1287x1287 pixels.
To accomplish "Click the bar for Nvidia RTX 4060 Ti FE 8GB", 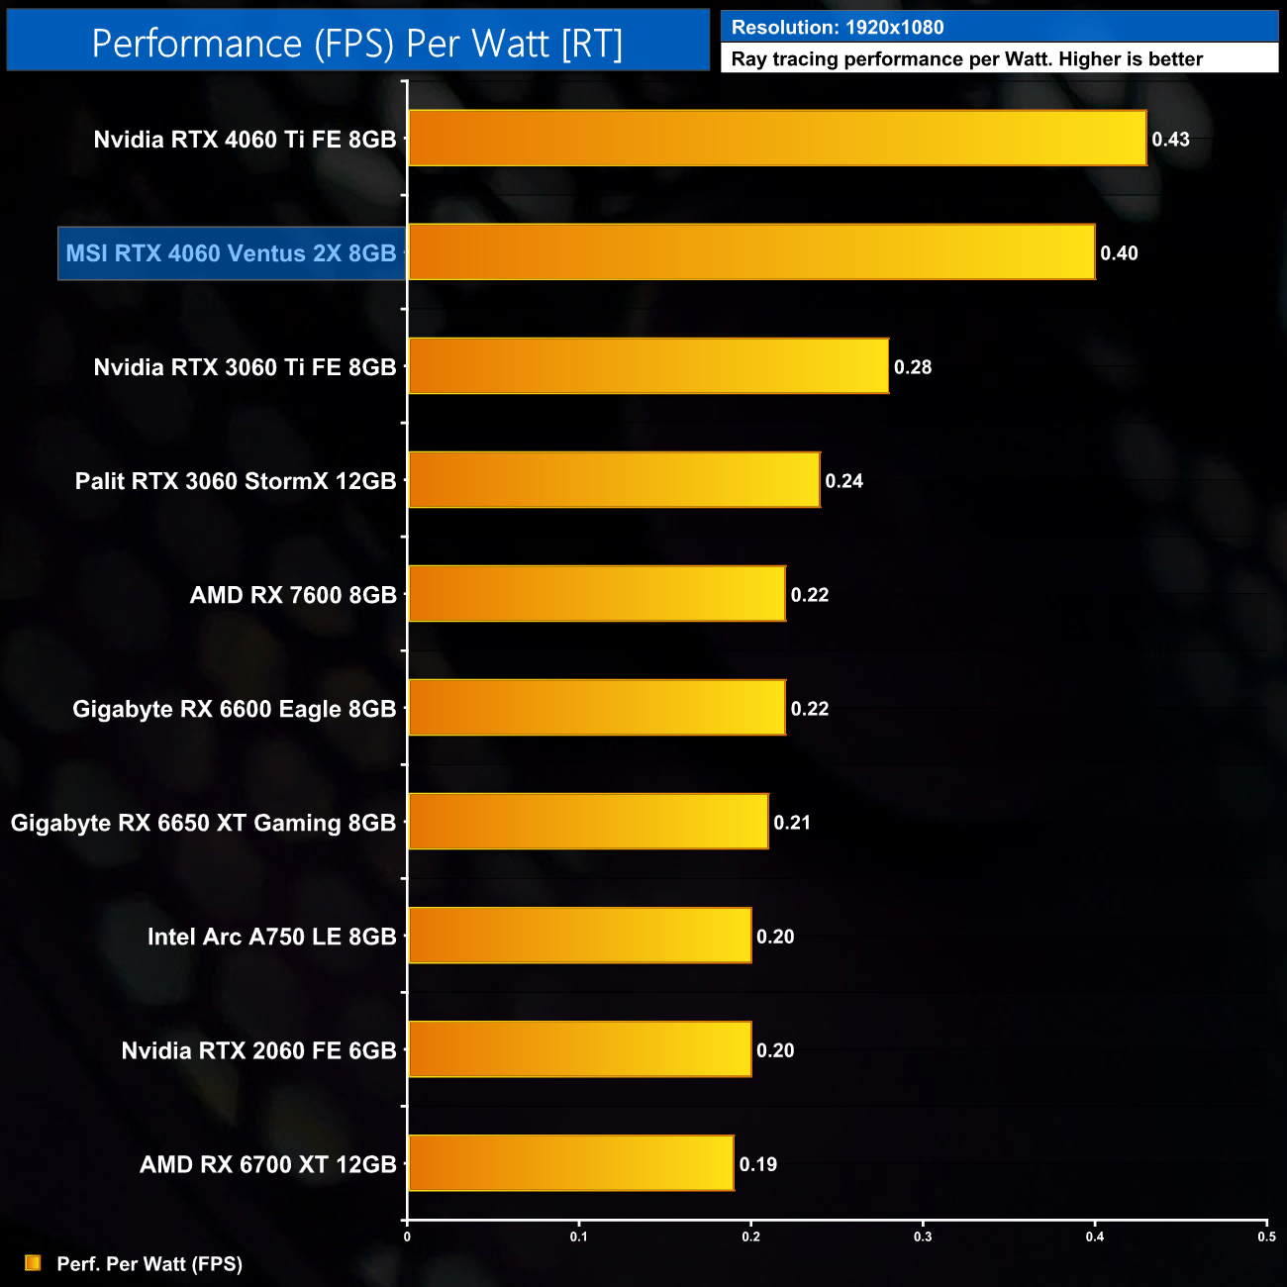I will pos(777,138).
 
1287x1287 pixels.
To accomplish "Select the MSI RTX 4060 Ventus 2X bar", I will pos(751,252).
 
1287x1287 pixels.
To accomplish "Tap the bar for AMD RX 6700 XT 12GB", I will pos(571,1163).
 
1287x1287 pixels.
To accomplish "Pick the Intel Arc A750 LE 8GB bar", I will pos(580,936).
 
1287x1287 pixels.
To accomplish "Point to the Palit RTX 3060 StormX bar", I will pos(614,480).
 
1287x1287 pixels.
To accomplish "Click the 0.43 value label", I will pos(1170,140).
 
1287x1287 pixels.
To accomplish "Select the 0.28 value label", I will pos(913,367).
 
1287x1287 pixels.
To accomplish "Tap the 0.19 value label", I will pos(758,1164).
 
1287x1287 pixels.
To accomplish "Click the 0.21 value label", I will pos(792,823).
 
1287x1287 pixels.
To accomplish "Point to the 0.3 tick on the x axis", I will pos(923,1236).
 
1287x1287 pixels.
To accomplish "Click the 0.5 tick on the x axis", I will pos(1266,1236).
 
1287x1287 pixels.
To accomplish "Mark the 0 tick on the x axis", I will pos(407,1236).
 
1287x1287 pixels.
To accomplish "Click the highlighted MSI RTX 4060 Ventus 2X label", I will pos(231,253).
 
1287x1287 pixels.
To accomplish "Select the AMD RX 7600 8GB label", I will pos(293,595).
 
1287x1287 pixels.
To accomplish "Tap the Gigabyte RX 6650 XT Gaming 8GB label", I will pos(203,823).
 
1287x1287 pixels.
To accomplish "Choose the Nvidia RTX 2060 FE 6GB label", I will pos(258,1050).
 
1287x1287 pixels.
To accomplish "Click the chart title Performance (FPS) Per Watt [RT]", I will pos(357,44).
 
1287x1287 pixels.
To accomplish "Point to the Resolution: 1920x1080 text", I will pos(838,28).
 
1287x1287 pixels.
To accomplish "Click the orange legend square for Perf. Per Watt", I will pos(33,1263).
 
